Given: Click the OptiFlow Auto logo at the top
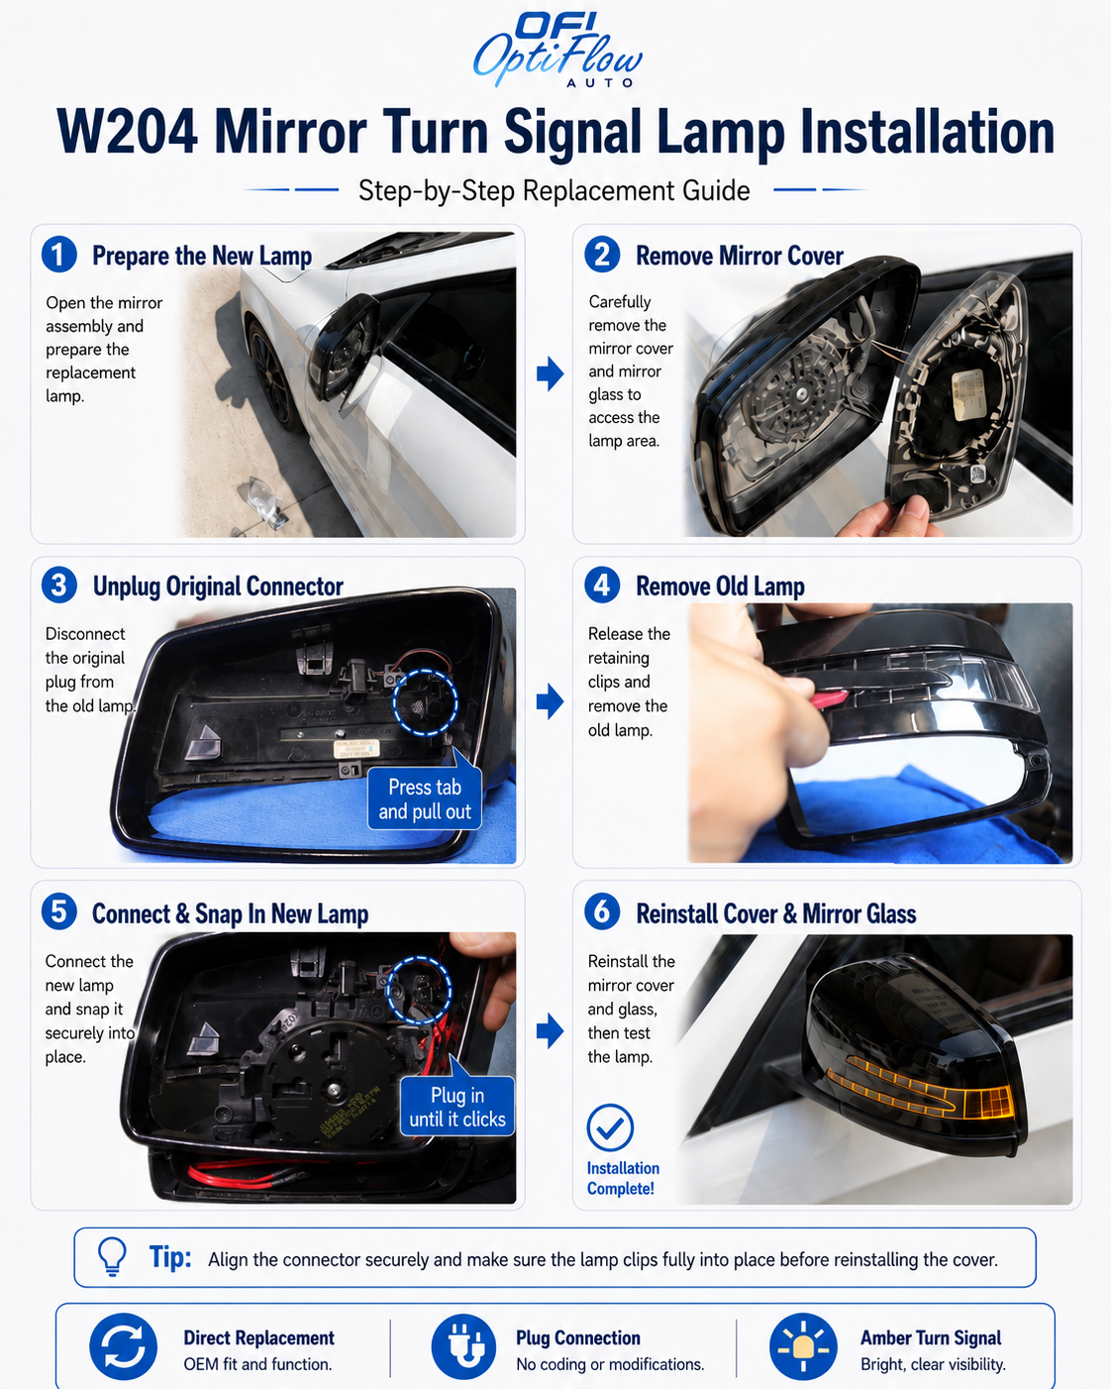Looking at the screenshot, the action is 557,51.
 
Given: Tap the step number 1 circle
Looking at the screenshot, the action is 58,255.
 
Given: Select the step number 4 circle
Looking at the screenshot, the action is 602,586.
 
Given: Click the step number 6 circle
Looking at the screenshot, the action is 602,912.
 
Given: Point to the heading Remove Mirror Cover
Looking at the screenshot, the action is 740,256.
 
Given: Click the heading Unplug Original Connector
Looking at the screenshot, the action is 218,587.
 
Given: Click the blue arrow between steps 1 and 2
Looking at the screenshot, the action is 551,374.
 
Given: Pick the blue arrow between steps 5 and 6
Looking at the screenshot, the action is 551,1030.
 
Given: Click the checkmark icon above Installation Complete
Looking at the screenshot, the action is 610,1127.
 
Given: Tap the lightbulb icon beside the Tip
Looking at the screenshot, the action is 112,1256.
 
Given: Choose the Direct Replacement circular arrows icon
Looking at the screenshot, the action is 123,1346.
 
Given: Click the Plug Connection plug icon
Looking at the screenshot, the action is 463,1346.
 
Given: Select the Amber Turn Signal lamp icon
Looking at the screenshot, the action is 803,1346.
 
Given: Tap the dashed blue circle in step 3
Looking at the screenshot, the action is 425,702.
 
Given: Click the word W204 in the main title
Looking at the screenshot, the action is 127,133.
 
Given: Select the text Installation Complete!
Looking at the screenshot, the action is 623,1178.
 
